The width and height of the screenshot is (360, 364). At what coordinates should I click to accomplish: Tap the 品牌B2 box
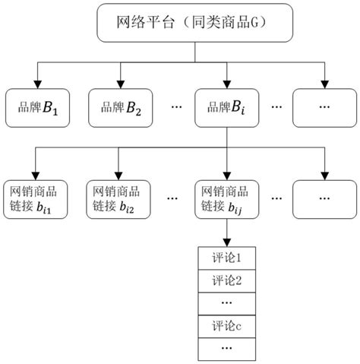(120, 106)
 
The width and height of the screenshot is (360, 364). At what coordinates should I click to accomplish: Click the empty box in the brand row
(324, 106)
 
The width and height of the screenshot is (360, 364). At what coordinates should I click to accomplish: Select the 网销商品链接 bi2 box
(120, 198)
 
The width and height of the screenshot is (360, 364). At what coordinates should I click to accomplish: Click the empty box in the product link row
(324, 198)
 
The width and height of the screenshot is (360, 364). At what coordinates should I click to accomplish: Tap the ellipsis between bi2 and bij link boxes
(174, 198)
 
